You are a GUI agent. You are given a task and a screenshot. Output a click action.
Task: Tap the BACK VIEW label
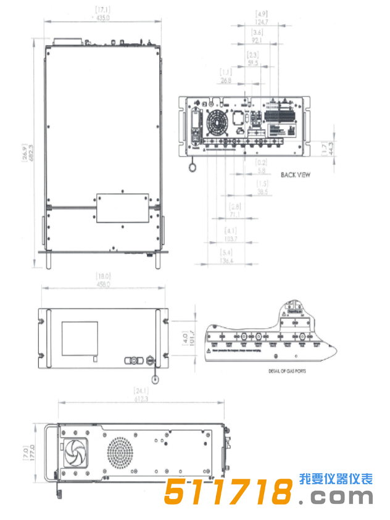[x=296, y=175]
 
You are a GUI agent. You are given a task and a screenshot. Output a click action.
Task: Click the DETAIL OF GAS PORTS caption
[x=287, y=371]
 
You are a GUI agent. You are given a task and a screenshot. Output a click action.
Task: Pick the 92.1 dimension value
[x=257, y=40]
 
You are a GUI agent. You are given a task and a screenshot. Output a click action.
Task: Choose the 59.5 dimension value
[x=253, y=62]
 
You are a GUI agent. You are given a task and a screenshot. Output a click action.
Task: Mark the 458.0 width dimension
[x=102, y=284]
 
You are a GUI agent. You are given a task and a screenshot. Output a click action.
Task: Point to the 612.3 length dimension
[x=142, y=400]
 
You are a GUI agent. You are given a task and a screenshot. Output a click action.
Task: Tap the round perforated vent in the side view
[x=120, y=453]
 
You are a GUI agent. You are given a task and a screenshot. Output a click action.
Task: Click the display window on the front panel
[x=80, y=338]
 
